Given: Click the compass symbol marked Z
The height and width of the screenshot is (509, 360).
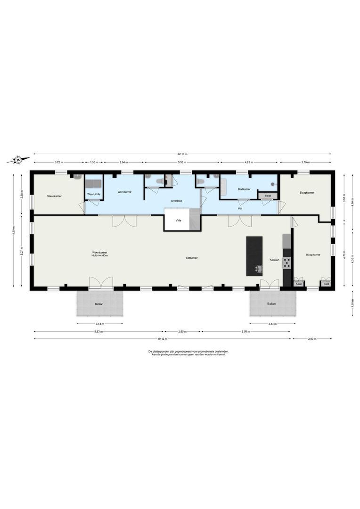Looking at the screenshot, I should [18, 160].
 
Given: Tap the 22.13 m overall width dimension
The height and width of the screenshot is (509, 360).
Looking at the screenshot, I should [182, 154].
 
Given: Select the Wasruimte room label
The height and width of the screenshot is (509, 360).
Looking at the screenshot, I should [94, 194].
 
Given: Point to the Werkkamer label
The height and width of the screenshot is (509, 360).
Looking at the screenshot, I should [124, 192].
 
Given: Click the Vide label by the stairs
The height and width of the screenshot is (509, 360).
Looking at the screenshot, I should [178, 220].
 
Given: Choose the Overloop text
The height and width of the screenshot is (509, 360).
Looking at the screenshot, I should [177, 201].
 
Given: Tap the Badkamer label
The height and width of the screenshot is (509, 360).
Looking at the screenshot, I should [244, 189].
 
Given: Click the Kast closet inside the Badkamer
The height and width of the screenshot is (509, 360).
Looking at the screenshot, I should [268, 196].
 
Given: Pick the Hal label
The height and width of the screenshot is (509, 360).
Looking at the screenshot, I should [240, 208].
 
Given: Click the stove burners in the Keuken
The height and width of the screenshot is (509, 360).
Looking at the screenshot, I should [286, 263].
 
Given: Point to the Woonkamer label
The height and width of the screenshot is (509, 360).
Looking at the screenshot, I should [100, 254].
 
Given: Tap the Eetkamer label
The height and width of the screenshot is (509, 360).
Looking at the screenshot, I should [192, 258].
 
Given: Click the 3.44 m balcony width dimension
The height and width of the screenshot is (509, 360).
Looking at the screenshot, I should [99, 324].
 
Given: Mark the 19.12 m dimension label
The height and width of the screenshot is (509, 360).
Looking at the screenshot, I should [162, 339].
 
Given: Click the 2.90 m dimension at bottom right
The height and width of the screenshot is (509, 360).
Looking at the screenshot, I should [312, 339].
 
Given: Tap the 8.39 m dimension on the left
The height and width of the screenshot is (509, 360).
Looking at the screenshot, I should [14, 231].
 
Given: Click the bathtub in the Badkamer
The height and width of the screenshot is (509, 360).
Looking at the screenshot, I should [224, 188].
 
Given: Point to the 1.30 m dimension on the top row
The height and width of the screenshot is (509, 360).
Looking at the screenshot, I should [94, 162].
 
